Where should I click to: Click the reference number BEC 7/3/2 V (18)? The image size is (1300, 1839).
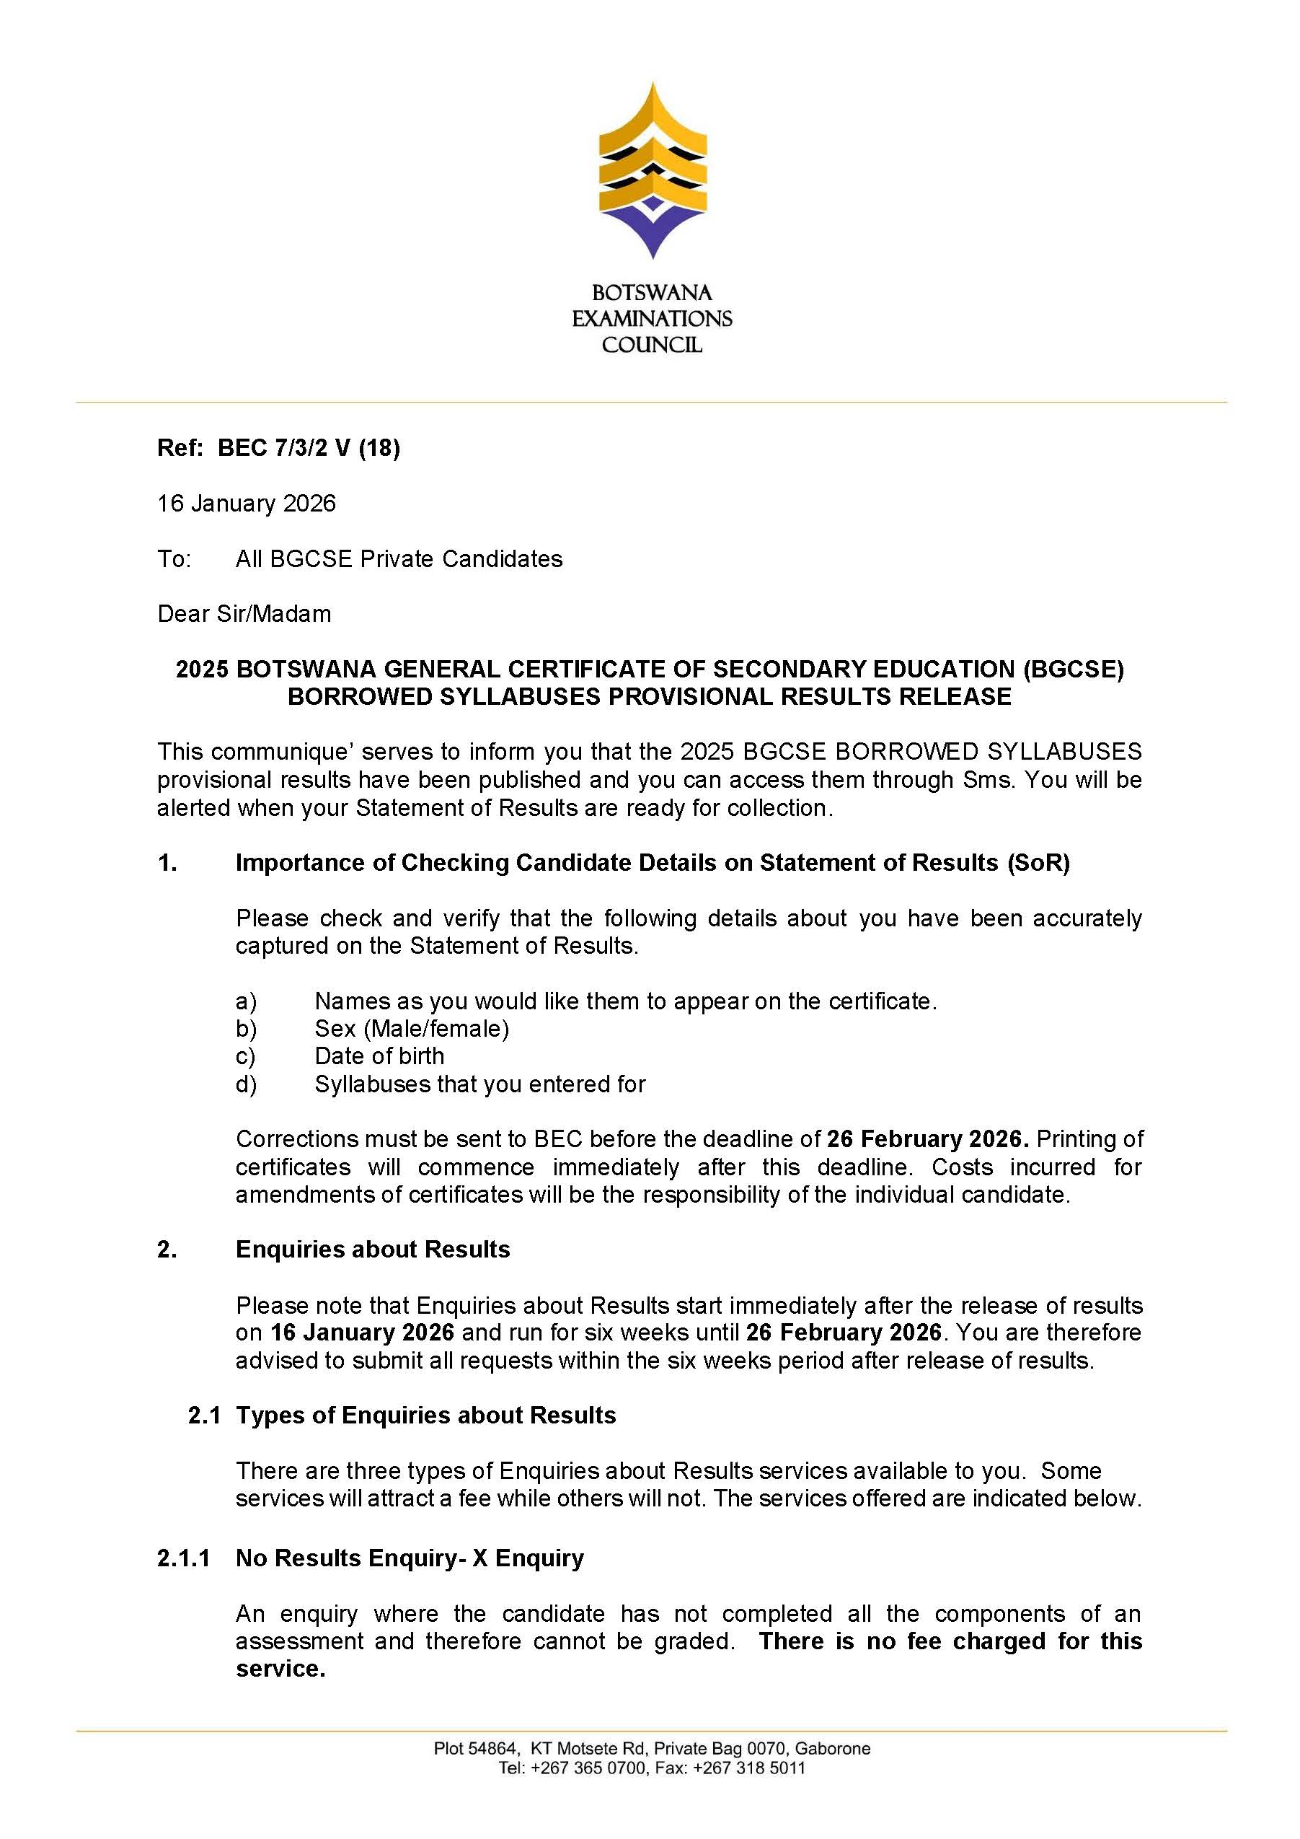tap(308, 448)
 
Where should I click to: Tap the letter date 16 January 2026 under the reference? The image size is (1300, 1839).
tap(247, 503)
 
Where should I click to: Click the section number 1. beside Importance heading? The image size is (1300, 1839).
tap(167, 863)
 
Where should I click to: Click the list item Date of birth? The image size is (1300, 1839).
tap(379, 1056)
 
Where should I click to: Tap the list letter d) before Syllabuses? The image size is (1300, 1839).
tap(246, 1084)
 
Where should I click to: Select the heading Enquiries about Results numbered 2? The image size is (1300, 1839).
tap(372, 1250)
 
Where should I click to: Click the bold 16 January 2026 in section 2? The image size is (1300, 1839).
tap(362, 1332)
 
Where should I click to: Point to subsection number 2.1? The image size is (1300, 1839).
tap(204, 1416)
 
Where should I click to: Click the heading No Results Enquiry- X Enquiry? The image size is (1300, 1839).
tap(409, 1558)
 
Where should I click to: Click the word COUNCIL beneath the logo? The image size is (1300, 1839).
tap(652, 345)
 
